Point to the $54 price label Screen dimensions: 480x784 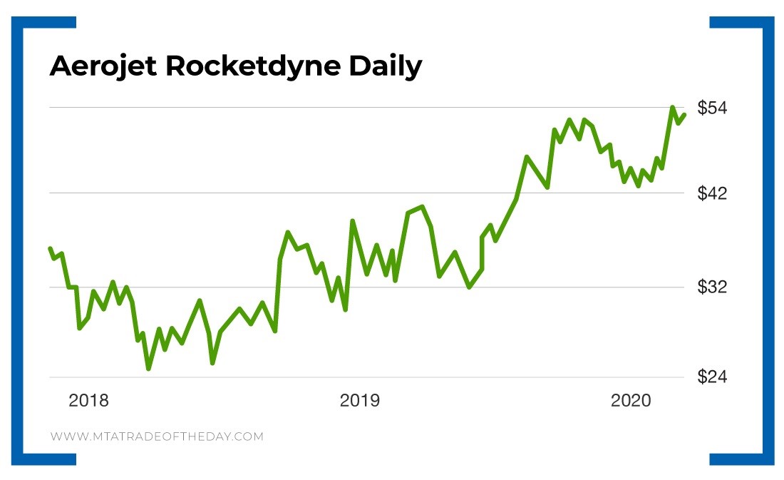click(713, 108)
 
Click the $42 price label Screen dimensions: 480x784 click(713, 193)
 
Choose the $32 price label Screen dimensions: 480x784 click(713, 287)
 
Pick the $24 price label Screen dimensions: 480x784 click(713, 377)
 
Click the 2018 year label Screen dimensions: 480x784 click(89, 401)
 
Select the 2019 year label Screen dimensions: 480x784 click(360, 401)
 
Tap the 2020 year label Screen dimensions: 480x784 click(631, 401)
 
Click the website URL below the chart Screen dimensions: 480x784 click(157, 436)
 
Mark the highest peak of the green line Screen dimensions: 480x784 click(672, 108)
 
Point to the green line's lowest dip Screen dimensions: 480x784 click(149, 368)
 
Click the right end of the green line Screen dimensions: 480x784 click(684, 115)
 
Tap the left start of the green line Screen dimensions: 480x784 click(50, 248)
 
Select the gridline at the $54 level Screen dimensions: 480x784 click(356, 108)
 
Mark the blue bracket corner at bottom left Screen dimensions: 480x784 click(29, 459)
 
